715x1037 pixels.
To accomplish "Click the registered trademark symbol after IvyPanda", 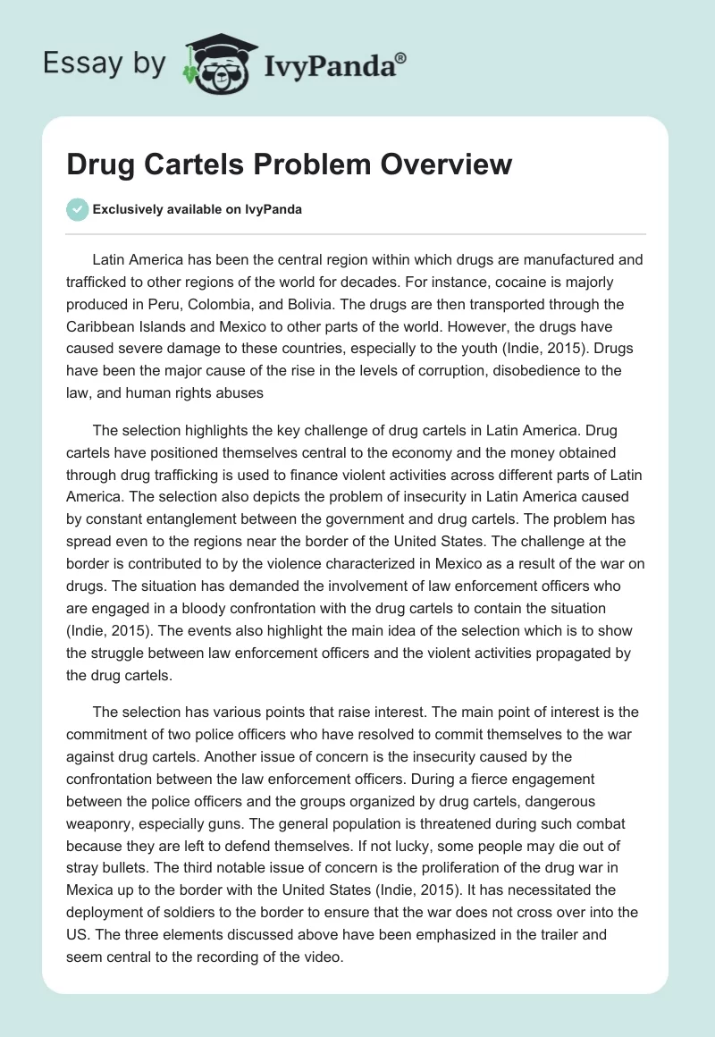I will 400,59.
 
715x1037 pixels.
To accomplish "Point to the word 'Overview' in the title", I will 445,165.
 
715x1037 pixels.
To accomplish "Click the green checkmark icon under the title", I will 77,209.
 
